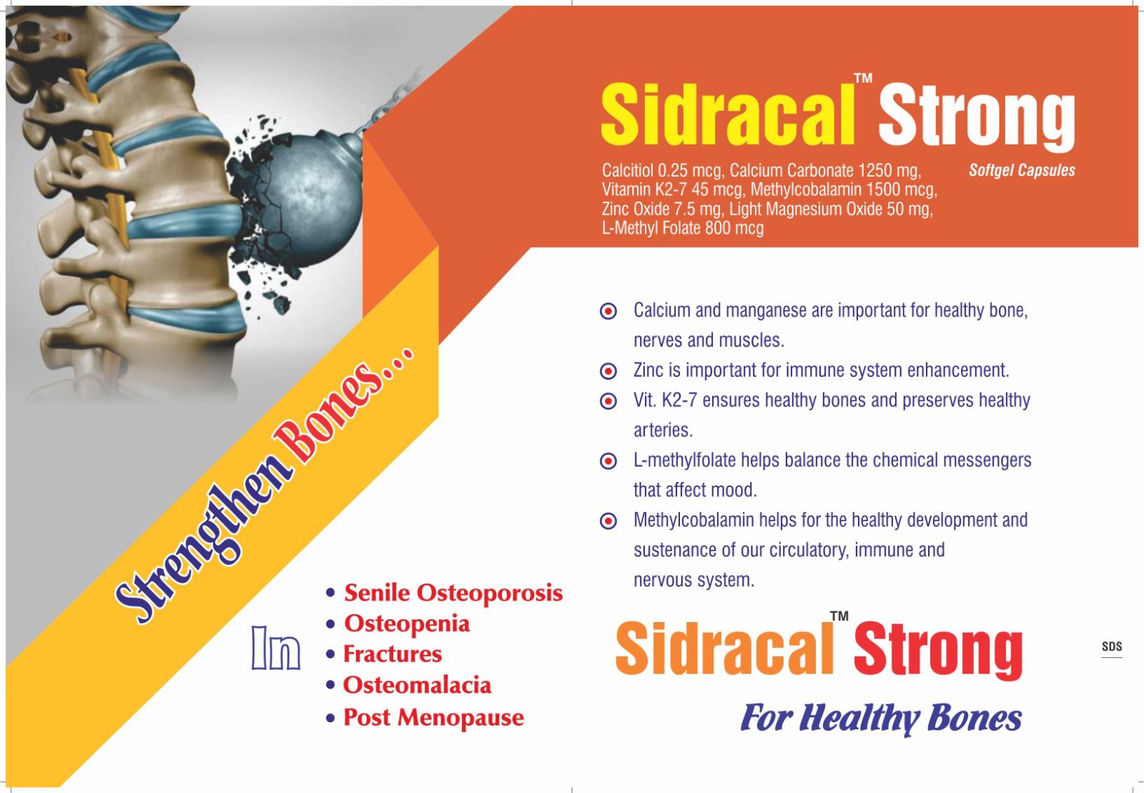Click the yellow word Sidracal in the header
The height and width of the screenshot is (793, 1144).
coord(728,115)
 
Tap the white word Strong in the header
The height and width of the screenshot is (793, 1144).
coord(977,120)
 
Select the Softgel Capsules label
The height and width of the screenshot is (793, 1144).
coord(1022,170)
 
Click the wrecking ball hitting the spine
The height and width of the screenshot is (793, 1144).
coord(301,199)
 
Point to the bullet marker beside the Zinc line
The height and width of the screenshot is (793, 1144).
coord(608,371)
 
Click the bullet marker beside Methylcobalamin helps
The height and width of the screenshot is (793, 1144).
coord(608,521)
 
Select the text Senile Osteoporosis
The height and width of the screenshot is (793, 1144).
coord(453,593)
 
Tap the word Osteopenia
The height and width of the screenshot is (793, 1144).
coord(407,624)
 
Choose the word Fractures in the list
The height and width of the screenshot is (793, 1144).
coord(393,654)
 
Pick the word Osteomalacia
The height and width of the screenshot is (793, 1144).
coord(417,685)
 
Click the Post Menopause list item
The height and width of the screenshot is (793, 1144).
coord(433,717)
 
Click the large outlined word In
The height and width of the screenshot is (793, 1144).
coord(276,648)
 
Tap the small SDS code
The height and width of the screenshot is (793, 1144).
coord(1111,647)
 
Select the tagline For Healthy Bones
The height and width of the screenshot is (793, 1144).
coord(881,719)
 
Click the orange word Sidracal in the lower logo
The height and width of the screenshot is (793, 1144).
coord(724,649)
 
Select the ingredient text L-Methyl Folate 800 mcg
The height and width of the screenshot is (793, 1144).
coord(683,228)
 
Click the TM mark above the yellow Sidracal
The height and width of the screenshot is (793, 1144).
coord(863,78)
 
